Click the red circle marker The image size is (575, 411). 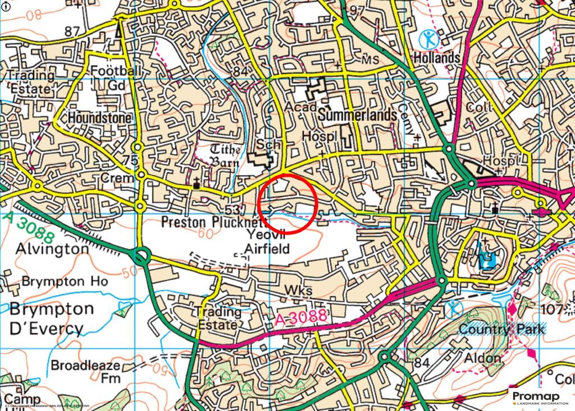pos(288,203)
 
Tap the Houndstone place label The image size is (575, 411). pos(99,118)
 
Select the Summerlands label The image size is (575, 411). pos(357,115)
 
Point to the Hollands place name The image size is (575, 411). pos(437,57)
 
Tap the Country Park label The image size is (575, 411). pos(501,328)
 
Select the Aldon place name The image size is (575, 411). pos(482,358)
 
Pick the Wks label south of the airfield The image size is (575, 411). pos(298,290)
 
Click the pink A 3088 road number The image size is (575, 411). pos(302,318)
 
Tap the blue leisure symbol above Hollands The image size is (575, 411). pos(430,39)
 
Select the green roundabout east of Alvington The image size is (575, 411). pos(141,257)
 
